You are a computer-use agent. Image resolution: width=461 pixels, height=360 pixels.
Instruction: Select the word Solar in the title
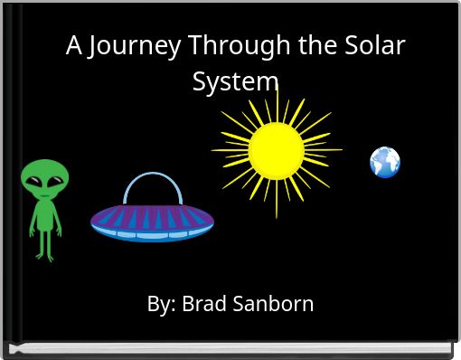coord(373,46)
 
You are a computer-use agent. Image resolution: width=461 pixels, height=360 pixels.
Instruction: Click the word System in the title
coord(235,81)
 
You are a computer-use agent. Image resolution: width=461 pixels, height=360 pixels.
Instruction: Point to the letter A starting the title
coord(73,46)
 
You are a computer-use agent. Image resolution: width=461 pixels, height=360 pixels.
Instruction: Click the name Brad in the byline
coord(203,304)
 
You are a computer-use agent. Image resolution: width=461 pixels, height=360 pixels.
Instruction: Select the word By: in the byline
coord(162,304)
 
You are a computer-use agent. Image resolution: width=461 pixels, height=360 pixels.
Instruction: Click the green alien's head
coord(44,178)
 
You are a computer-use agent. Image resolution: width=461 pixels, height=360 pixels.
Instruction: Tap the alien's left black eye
coord(36,182)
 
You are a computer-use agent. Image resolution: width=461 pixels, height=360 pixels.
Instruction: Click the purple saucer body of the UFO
coord(152,216)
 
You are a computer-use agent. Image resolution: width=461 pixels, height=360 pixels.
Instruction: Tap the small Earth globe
coord(385,163)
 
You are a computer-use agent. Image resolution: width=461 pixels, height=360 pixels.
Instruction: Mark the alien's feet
coord(44,258)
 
